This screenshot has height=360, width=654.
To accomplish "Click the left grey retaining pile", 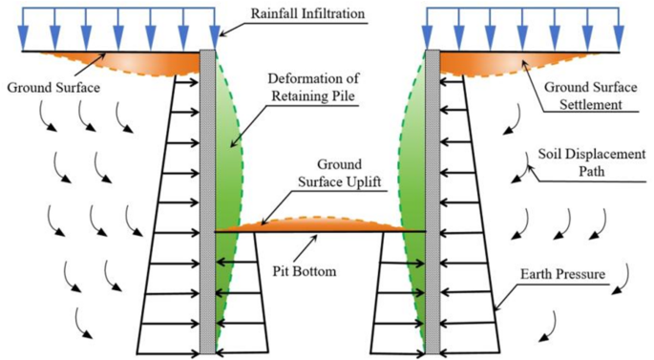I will tap(208, 201).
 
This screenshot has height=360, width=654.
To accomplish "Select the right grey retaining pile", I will tap(433, 201).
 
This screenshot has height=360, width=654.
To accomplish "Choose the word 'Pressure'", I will tap(586, 276).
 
